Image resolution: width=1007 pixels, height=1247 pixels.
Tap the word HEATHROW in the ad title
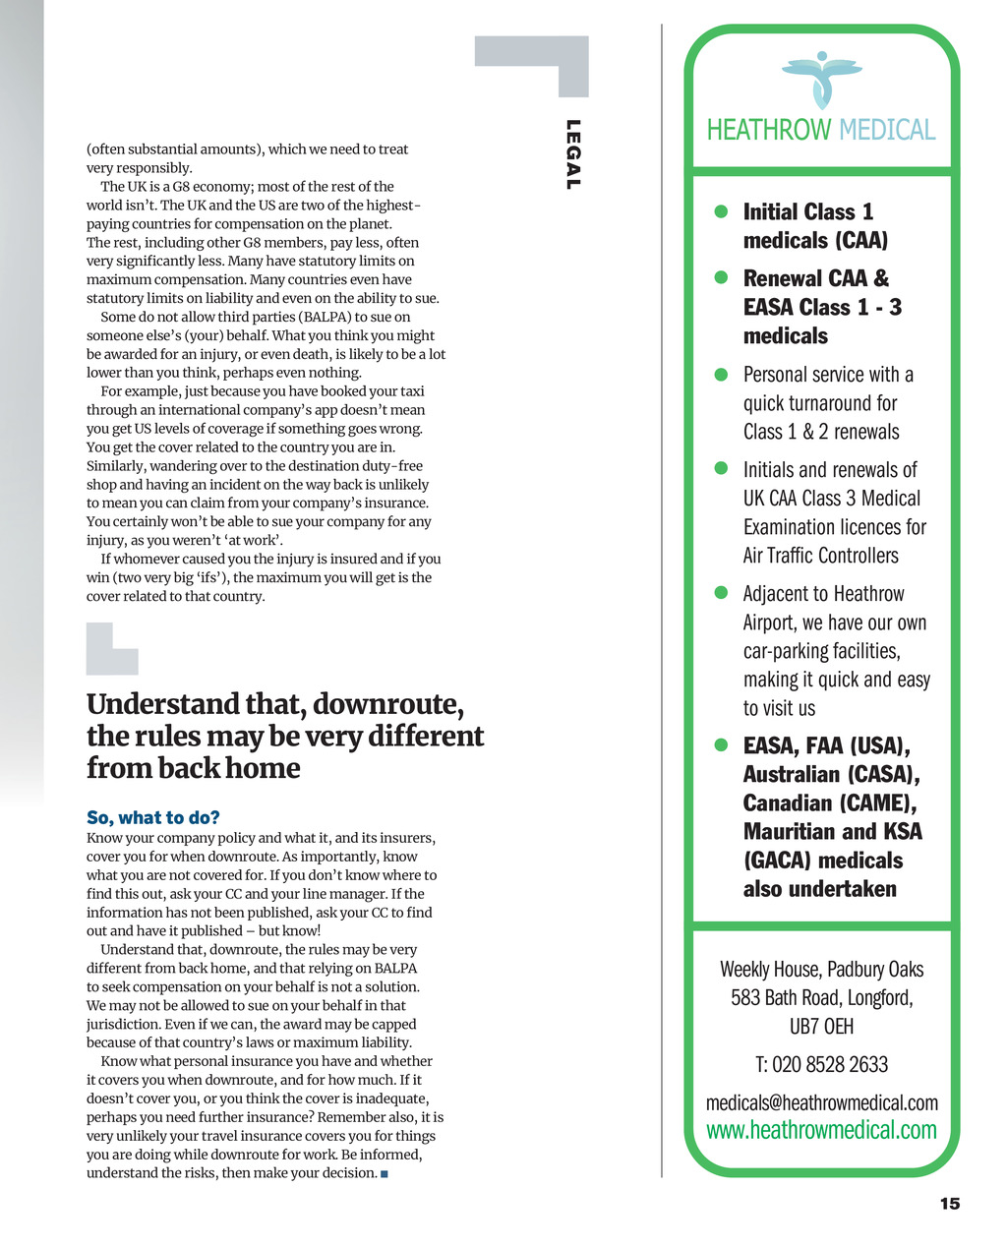769,131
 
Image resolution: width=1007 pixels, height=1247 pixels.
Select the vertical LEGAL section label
573,154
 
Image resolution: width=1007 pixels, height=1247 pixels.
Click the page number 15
949,1204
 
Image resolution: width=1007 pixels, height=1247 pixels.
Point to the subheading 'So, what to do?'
153,817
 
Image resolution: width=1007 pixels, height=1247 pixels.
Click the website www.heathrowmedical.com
821,1130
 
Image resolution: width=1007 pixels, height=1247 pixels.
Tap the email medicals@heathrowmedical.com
821,1102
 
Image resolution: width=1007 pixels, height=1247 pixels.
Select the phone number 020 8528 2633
830,1065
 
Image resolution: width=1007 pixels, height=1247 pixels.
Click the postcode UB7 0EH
821,1027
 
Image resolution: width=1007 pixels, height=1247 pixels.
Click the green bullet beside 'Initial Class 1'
721,211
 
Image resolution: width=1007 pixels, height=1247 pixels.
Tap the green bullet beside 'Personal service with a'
721,374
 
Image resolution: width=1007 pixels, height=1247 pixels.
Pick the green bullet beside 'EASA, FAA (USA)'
721,745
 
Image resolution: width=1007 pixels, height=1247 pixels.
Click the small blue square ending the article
385,1174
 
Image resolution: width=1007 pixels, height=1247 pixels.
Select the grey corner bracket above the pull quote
111,648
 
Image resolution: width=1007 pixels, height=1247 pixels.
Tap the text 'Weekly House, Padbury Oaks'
821,970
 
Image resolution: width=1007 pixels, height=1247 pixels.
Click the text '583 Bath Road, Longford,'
821,998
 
